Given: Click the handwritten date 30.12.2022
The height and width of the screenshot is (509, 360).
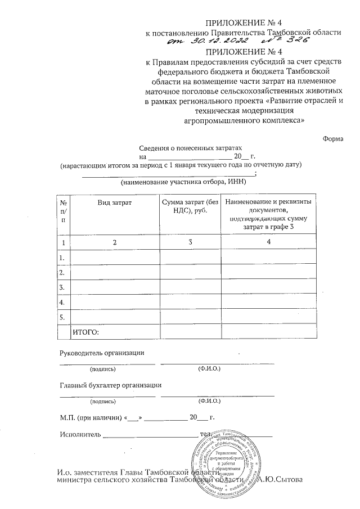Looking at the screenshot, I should (x=215, y=42).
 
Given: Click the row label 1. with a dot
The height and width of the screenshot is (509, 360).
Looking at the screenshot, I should (x=63, y=257).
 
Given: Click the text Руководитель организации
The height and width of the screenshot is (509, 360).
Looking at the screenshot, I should (x=102, y=353).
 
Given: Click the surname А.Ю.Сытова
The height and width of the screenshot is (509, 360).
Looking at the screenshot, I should (x=280, y=480).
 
